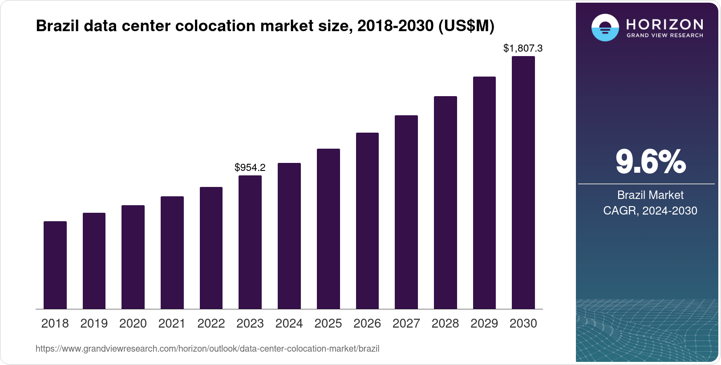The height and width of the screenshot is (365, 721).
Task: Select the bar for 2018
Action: point(55,265)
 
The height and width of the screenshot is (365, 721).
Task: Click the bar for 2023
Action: point(250,242)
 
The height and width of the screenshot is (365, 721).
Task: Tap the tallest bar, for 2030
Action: point(523,182)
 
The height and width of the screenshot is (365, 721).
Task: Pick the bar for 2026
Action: point(367,221)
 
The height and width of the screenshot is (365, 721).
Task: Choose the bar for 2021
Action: point(172,252)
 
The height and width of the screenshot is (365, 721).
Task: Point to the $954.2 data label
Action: point(250,168)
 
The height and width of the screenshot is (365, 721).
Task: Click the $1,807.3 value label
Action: point(523,48)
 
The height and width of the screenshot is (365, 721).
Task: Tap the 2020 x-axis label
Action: point(133,324)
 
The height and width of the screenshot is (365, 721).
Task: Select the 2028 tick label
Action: point(445,324)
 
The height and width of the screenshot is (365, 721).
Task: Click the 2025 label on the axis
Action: point(328,324)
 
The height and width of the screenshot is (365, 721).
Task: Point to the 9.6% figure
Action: point(650,162)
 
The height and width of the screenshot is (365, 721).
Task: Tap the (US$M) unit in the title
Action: point(466,26)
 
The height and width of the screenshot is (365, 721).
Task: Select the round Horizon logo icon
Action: point(605,28)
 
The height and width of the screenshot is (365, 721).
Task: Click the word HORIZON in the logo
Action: point(664,24)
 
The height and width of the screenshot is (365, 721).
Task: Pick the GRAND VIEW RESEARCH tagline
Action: point(664,35)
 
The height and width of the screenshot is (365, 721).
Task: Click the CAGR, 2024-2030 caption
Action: point(650,211)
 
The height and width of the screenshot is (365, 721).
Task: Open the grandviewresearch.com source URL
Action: point(207,349)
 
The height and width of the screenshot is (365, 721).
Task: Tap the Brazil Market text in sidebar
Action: point(650,195)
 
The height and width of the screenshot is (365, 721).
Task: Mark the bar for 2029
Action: point(484,193)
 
